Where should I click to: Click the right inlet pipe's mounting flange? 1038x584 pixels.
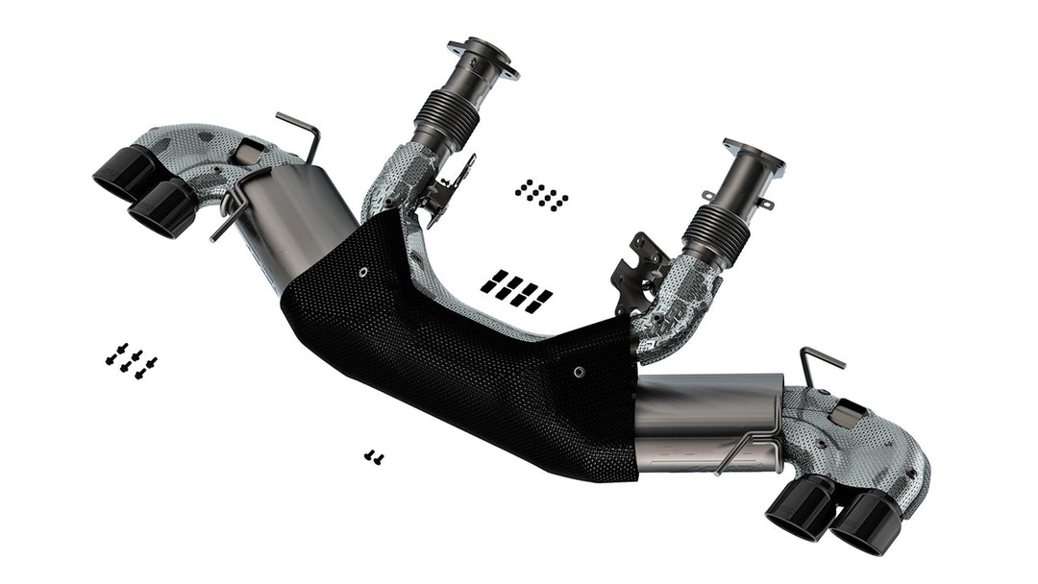[754, 157]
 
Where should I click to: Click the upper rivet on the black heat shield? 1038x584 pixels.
[363, 273]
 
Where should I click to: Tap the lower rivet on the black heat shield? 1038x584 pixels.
[578, 371]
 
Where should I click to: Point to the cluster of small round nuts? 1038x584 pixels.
[541, 194]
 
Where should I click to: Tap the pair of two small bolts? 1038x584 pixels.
[374, 457]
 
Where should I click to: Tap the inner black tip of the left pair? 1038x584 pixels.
[161, 207]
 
